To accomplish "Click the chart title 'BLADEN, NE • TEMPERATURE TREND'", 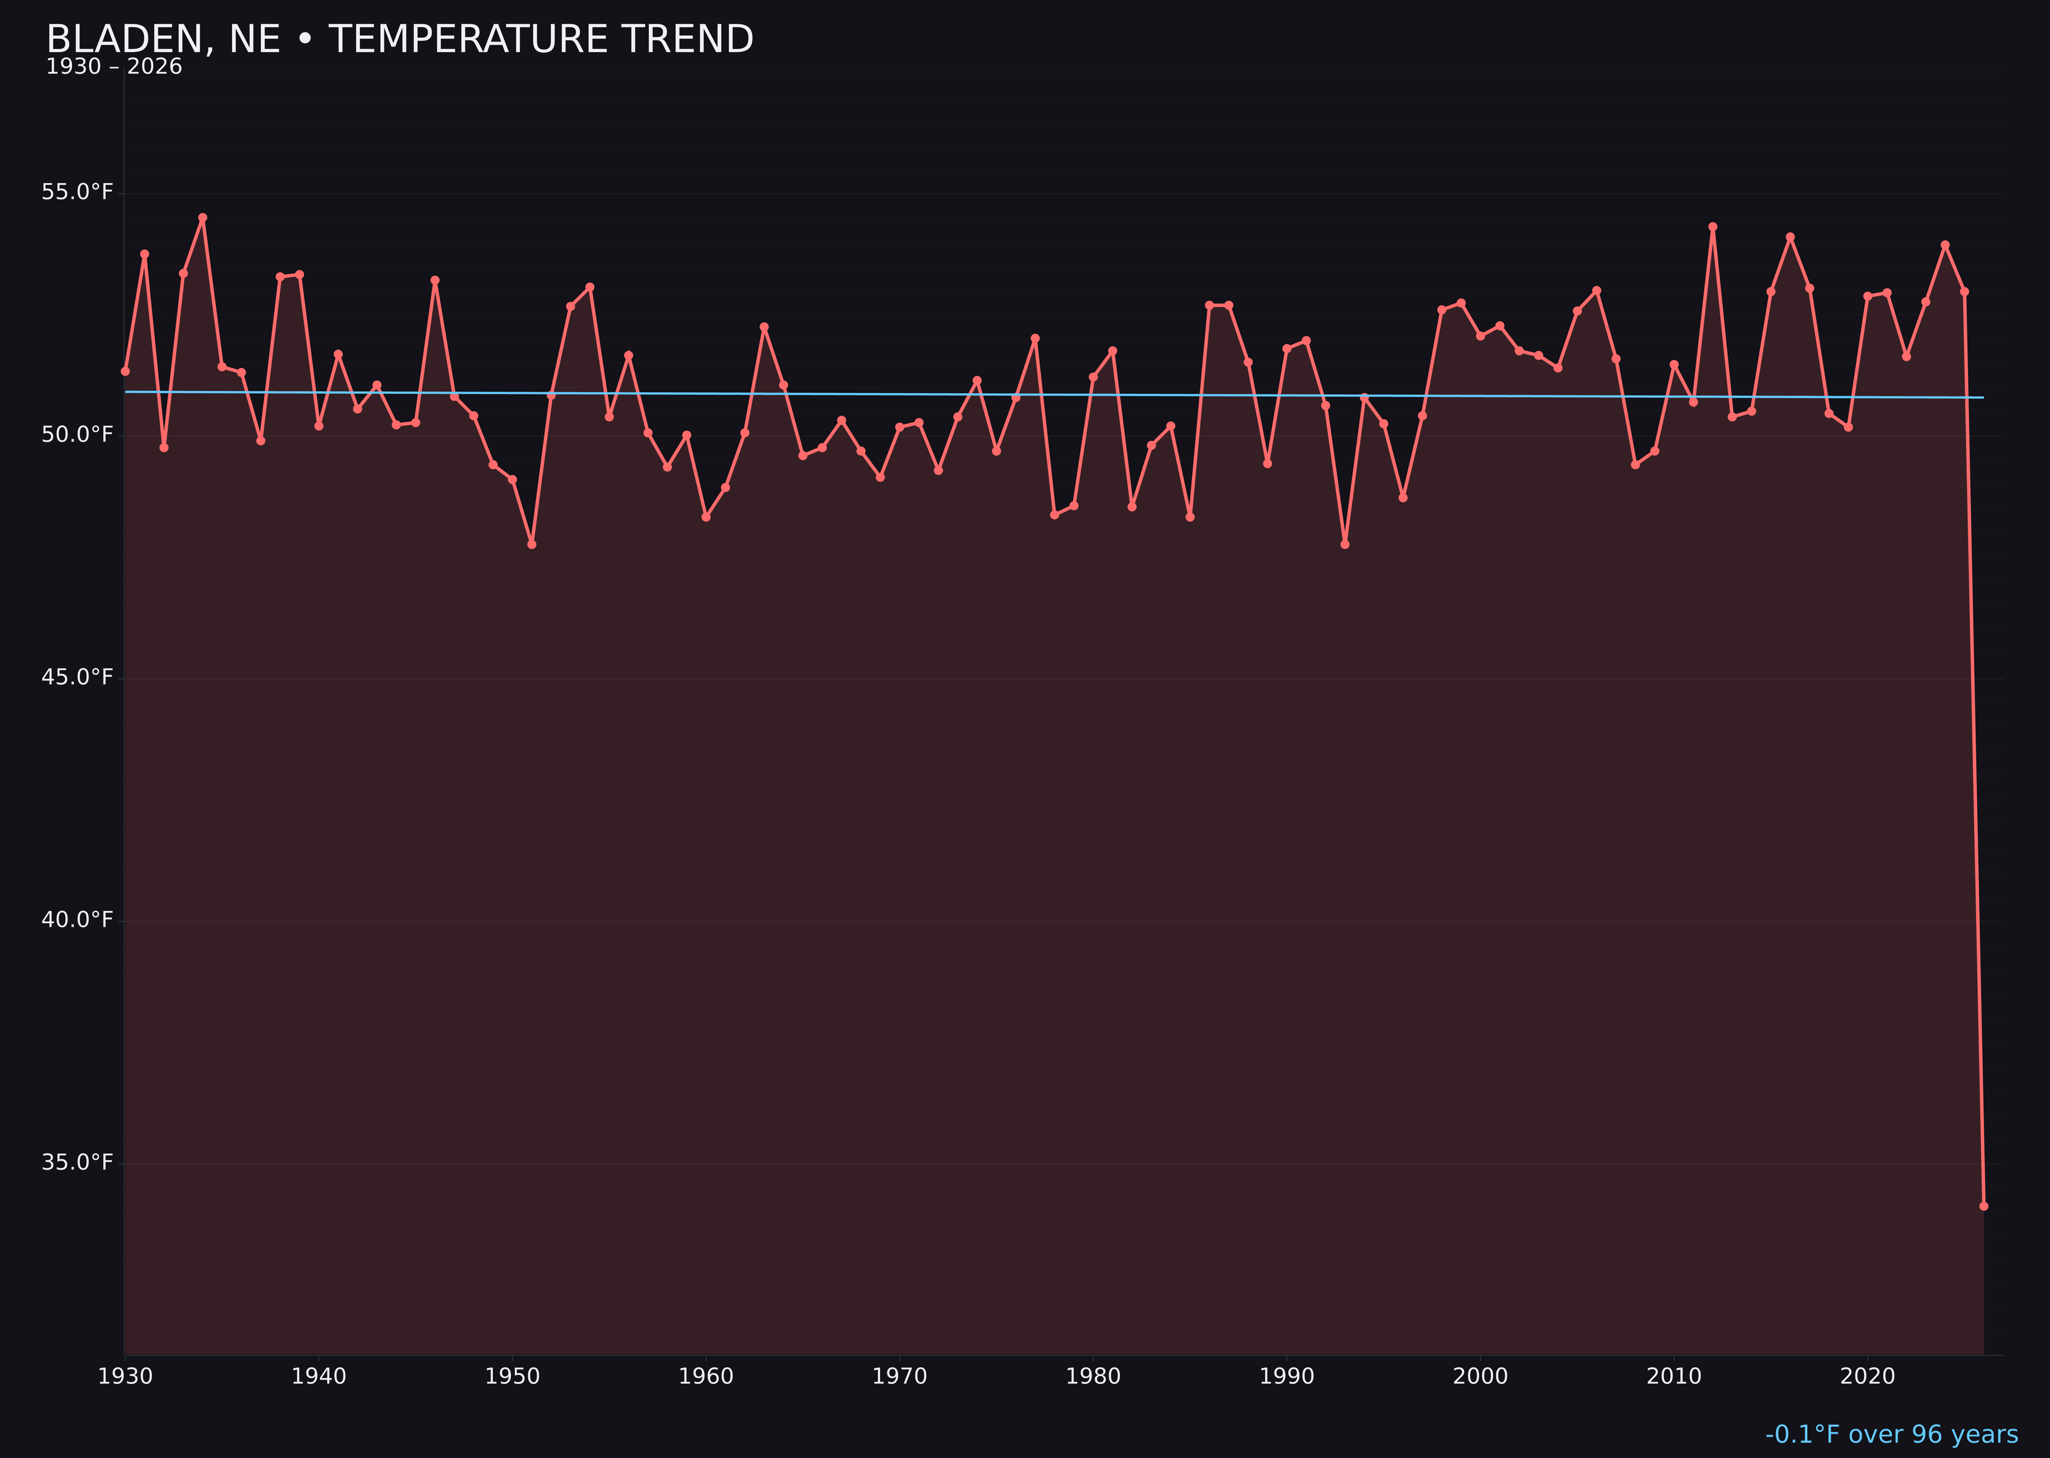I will tap(399, 39).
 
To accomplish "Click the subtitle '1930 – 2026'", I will tap(114, 67).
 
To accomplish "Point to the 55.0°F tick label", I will tap(77, 192).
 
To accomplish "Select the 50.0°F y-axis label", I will tap(77, 435).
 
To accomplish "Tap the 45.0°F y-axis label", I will tap(77, 677).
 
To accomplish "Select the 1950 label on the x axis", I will tap(512, 1376).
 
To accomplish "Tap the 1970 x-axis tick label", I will tap(899, 1376).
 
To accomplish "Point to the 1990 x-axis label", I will tap(1286, 1376).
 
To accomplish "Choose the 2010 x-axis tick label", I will tap(1674, 1376).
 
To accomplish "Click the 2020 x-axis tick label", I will tap(1868, 1376).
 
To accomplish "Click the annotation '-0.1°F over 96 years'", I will tap(1891, 1434).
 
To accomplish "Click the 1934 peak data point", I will tap(203, 217).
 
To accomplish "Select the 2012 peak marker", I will tap(1713, 227).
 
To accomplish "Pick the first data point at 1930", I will tap(126, 371).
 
